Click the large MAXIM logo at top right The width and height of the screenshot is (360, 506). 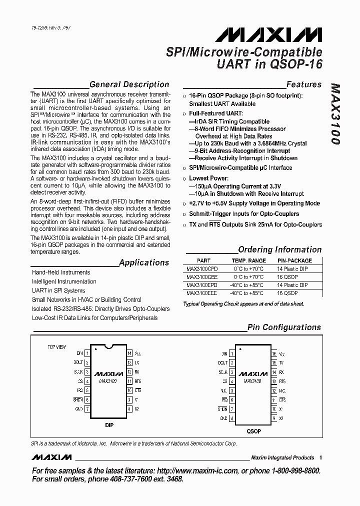click(x=269, y=35)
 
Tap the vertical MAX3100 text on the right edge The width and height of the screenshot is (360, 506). click(x=335, y=114)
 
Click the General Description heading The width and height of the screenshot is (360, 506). click(x=129, y=84)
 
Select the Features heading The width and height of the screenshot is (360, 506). click(x=303, y=84)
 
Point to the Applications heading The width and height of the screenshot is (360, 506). click(x=144, y=262)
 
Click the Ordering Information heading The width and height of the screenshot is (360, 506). click(x=279, y=249)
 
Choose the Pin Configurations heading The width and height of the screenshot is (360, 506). click(x=284, y=327)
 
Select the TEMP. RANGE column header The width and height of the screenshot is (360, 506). click(x=248, y=260)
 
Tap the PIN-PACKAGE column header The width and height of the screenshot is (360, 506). click(x=294, y=260)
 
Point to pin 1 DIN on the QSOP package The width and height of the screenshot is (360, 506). click(x=224, y=353)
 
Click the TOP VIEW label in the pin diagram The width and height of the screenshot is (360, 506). click(x=56, y=346)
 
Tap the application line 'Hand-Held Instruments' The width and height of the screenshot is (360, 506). click(x=61, y=272)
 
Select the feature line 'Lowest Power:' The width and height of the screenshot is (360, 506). click(x=208, y=178)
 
